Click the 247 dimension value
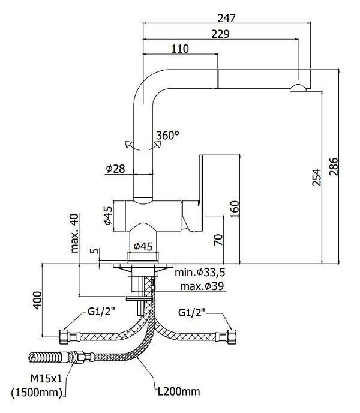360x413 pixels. (226, 18)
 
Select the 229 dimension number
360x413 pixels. (221, 34)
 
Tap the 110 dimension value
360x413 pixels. (180, 49)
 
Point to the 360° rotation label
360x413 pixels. (167, 136)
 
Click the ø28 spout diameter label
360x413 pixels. (115, 169)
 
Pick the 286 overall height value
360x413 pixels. (334, 166)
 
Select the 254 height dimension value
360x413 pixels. (317, 178)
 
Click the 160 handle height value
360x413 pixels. (234, 209)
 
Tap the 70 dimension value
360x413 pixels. (218, 240)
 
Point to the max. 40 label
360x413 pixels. (74, 233)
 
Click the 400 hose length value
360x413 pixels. (37, 300)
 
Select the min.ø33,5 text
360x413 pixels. (200, 273)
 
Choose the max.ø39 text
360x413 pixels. (202, 286)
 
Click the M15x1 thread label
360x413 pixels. (46, 379)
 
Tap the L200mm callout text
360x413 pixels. (179, 391)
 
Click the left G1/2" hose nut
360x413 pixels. (64, 337)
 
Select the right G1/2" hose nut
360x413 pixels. (233, 337)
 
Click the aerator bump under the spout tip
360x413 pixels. (298, 88)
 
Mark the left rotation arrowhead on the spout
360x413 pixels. (129, 144)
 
